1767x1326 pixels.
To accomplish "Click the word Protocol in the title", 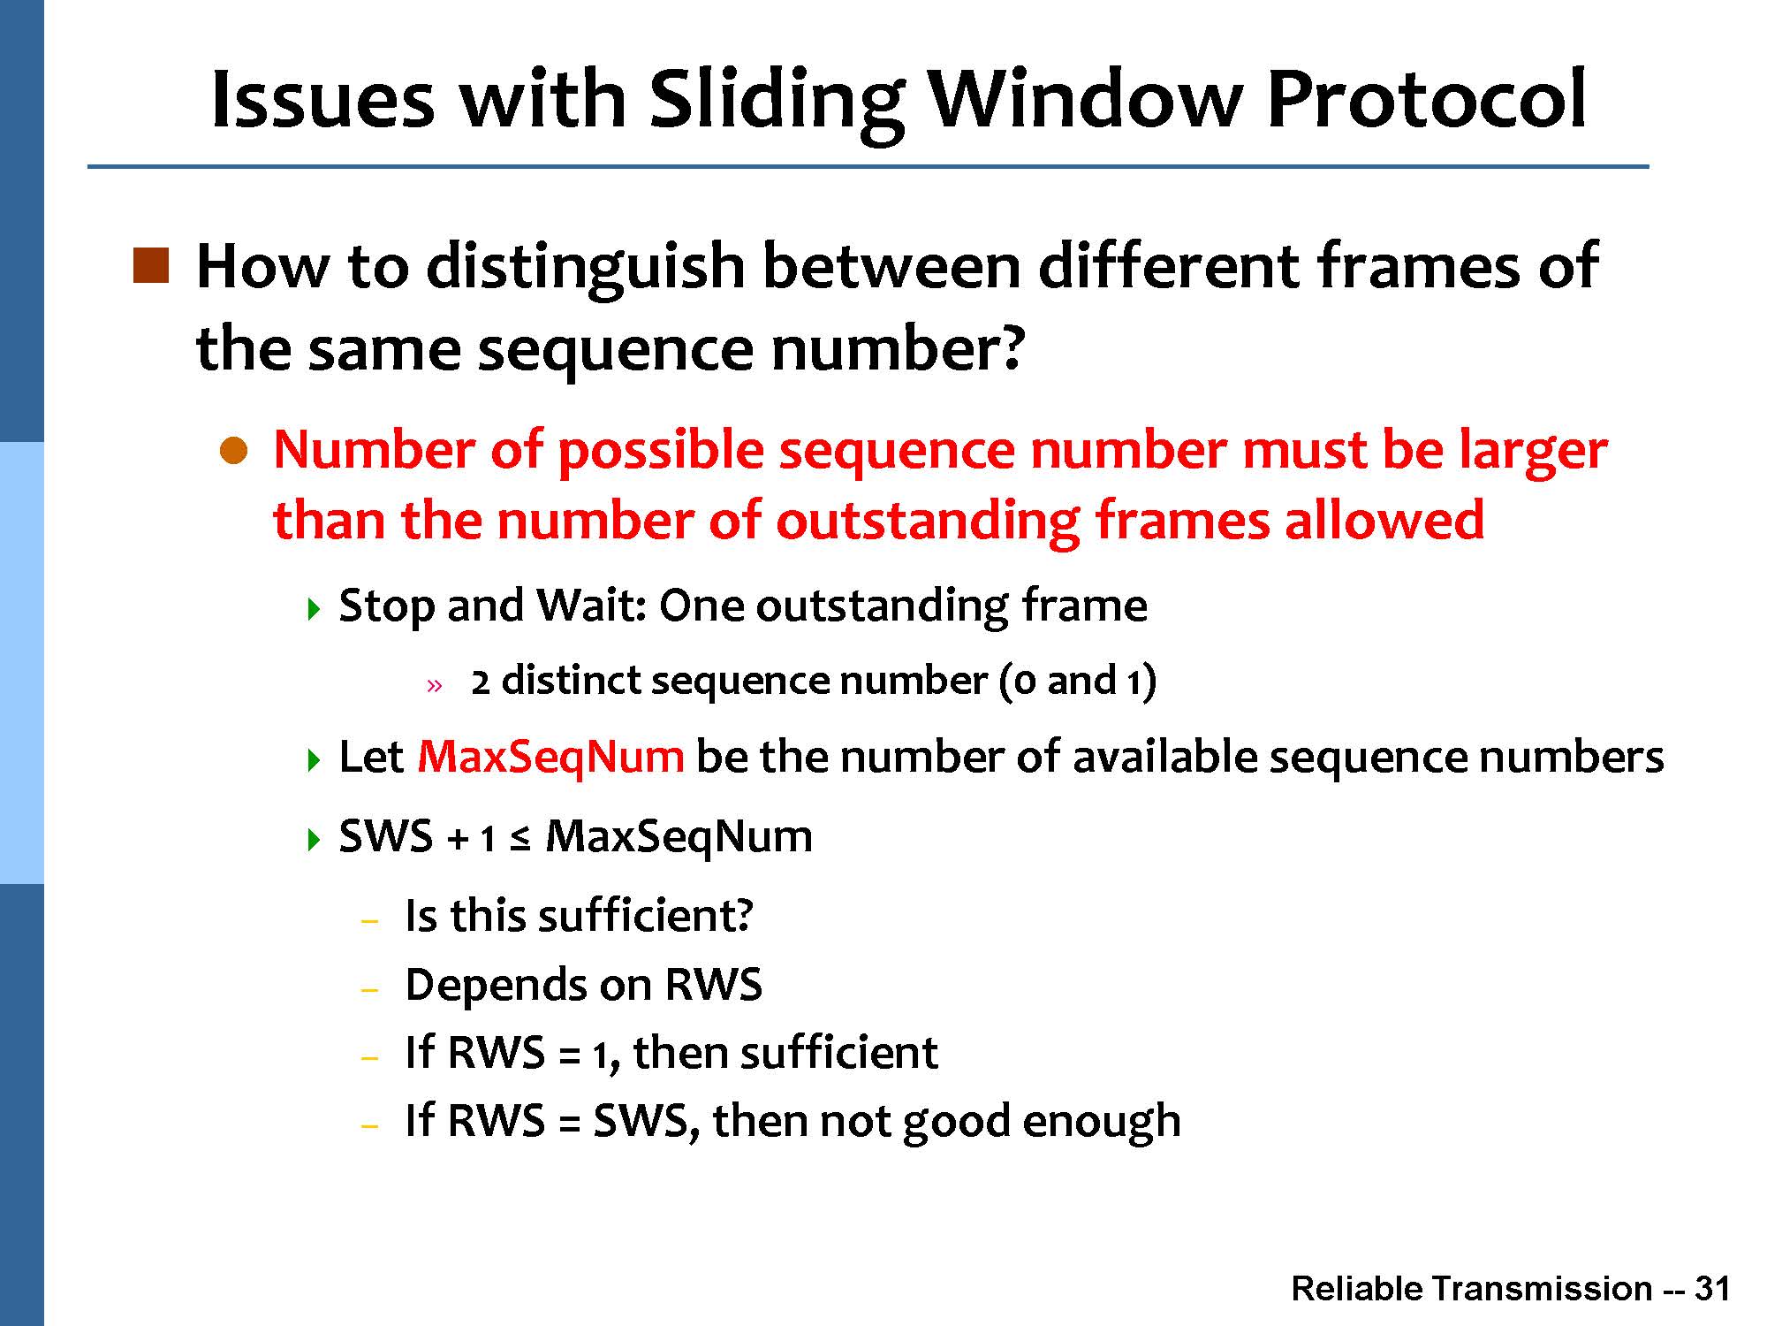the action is click(1426, 98).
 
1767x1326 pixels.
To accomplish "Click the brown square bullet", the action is click(150, 265).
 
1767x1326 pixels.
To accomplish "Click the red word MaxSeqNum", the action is click(550, 757).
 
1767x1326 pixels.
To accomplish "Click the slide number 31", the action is click(1712, 1289).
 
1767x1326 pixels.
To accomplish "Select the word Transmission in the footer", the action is click(1541, 1289).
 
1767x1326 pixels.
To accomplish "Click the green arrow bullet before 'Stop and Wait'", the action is click(313, 609).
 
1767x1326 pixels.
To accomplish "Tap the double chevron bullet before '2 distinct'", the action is click(433, 685).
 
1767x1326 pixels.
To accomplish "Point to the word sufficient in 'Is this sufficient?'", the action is click(645, 915).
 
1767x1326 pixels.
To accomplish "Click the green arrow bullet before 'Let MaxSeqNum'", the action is click(313, 760).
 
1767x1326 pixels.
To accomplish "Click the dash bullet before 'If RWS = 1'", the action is click(370, 1057).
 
